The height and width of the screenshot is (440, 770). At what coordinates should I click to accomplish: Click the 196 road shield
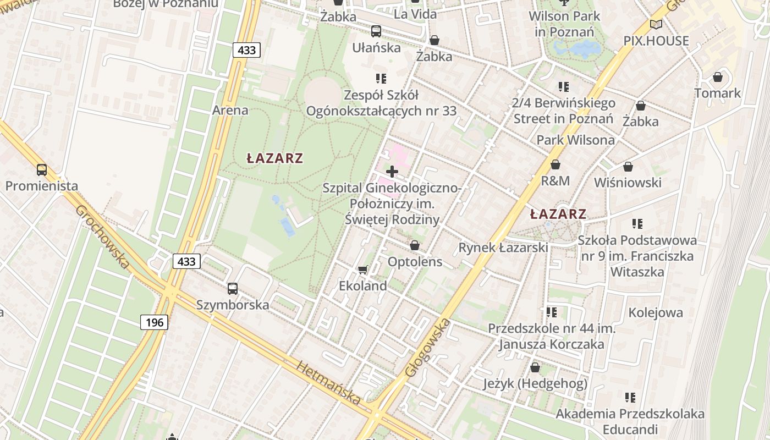[155, 322]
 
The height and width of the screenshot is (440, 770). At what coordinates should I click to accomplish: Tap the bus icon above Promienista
[42, 170]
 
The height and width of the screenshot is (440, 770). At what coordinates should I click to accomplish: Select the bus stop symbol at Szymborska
[233, 289]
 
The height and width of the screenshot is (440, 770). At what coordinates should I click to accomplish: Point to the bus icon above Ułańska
[376, 31]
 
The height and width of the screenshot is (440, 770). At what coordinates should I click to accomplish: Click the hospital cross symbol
[392, 172]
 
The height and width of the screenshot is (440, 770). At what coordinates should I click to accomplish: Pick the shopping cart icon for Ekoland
[362, 269]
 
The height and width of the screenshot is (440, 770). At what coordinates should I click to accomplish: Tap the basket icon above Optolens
[415, 245]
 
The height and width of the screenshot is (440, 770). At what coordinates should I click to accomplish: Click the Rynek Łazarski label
[503, 248]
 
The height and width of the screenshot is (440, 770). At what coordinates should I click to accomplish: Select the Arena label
[230, 110]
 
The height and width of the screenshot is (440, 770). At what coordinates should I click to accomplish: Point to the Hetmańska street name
[329, 383]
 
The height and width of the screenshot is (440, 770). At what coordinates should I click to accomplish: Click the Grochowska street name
[102, 238]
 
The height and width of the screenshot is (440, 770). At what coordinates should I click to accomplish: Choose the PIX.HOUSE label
[656, 41]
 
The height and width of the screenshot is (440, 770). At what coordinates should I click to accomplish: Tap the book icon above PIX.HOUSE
[656, 24]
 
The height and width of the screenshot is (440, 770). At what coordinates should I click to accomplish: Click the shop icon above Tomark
[718, 77]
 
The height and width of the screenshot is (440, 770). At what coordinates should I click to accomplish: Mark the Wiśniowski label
[628, 183]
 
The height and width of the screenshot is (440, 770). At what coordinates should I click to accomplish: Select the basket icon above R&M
[555, 164]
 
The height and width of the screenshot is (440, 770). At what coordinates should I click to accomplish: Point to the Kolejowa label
[656, 313]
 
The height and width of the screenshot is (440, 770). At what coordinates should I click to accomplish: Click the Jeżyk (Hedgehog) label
[535, 383]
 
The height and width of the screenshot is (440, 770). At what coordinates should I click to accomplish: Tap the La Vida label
[415, 14]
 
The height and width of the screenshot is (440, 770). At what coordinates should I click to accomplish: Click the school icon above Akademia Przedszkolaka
[630, 397]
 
